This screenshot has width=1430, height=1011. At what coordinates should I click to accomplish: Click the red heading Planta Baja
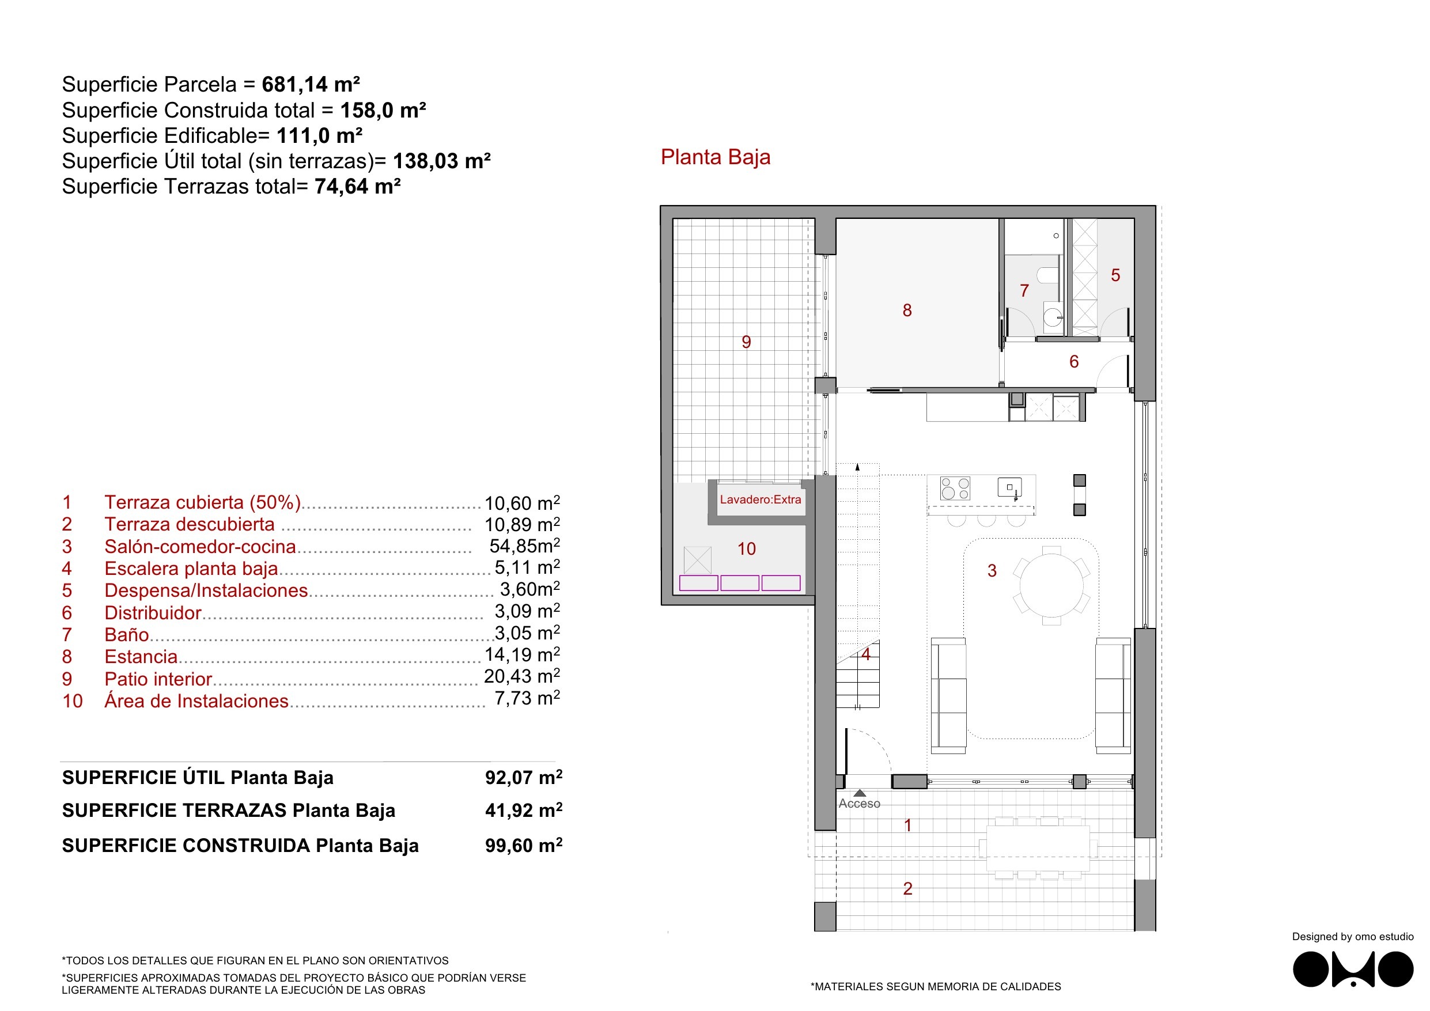point(715,157)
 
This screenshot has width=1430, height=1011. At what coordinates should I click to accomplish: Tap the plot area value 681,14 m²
point(311,84)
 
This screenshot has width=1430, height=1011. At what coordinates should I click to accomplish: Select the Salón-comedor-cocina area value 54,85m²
point(524,546)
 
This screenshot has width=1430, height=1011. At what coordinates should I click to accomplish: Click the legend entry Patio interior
point(158,679)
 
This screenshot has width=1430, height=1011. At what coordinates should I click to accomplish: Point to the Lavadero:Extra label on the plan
point(761,499)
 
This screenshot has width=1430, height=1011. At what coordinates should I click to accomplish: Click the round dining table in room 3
point(1051,585)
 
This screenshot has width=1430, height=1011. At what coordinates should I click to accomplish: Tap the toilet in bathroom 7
point(1048,275)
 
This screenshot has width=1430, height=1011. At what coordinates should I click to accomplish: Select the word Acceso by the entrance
point(859,804)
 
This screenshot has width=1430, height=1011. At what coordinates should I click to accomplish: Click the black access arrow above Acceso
point(860,793)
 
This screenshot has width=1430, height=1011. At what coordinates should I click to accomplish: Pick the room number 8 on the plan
point(907,311)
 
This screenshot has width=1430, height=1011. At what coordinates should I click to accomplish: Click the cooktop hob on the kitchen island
point(955,489)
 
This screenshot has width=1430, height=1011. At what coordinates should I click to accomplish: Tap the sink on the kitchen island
point(1009,487)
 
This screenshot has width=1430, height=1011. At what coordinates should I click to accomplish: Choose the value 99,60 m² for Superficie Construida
point(524,845)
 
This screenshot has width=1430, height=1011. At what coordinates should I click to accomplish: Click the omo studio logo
point(1352,970)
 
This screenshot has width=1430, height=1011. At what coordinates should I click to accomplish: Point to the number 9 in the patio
point(746,342)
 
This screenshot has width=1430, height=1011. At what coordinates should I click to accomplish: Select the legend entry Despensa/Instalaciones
point(206,590)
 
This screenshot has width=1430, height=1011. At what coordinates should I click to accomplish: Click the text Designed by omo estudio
point(1352,936)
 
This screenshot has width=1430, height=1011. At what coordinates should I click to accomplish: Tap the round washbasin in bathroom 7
point(1053,317)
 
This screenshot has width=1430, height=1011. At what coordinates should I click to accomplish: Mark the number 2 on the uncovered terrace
point(907,889)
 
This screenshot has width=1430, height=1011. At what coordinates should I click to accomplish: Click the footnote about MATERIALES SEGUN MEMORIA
point(936,987)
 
